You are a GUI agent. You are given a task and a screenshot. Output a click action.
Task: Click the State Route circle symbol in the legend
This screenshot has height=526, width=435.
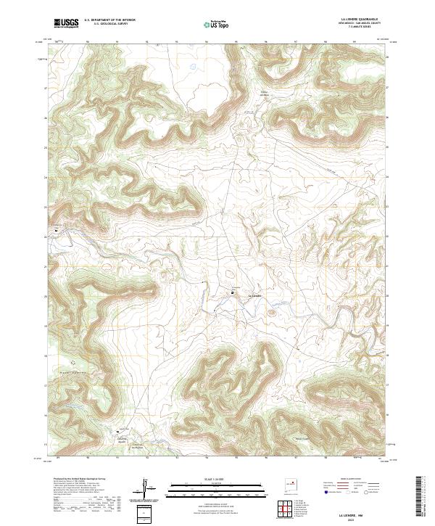(367, 492)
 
